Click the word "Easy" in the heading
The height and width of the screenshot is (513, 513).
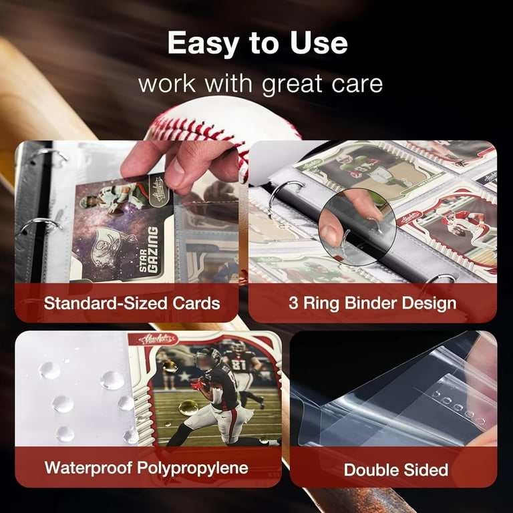tap(204, 43)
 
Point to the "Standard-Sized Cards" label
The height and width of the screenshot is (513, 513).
tap(132, 303)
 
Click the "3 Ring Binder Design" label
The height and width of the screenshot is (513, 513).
tap(373, 303)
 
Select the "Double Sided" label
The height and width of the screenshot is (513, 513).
tap(395, 470)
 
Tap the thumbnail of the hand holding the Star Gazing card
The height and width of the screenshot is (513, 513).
tap(127, 214)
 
